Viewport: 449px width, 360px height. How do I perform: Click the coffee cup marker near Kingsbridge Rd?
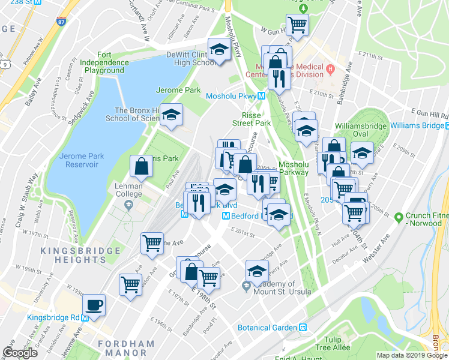pos(94,304)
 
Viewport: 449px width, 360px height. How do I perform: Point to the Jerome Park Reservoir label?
pos(82,161)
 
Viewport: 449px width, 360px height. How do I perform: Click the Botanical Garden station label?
pos(268,328)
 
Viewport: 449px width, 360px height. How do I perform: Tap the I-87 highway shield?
pos(62,22)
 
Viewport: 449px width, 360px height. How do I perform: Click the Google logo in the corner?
pos(20,353)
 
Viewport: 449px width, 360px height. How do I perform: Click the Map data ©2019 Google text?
pos(412,355)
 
